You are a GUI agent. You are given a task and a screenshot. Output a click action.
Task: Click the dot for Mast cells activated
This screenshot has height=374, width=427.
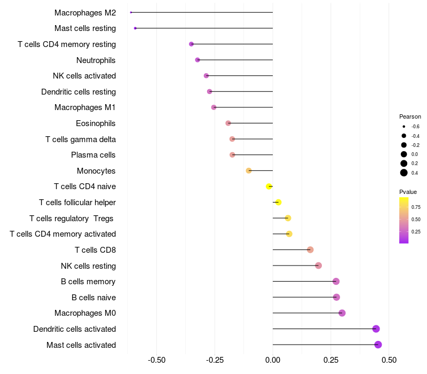point(378,345)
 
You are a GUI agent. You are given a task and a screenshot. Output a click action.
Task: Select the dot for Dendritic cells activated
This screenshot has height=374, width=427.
point(376,329)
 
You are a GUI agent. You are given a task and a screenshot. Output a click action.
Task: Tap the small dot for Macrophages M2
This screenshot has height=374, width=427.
point(131,12)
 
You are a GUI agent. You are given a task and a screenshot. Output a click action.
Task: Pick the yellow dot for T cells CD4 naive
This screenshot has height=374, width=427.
point(269,186)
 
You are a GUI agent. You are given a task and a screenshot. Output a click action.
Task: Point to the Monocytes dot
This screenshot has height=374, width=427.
point(249,171)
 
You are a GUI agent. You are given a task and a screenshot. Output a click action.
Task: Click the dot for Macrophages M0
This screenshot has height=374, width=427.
point(342,313)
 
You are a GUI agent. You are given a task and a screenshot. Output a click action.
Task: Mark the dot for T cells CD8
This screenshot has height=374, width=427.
point(310,250)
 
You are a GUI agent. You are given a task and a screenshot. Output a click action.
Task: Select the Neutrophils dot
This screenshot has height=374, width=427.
point(197,60)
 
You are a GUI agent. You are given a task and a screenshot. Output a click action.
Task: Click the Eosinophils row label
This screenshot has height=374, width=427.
point(96,123)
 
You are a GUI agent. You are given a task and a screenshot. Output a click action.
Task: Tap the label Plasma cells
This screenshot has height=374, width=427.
point(93,155)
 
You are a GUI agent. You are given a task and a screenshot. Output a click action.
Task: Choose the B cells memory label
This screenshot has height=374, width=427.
point(89,282)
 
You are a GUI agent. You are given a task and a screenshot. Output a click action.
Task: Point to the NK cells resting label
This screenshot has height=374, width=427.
point(89,266)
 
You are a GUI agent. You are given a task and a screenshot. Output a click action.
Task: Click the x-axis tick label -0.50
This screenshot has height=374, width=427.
point(156,360)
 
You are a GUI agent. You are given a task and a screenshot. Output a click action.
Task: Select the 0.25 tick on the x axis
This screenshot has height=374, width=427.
point(331,360)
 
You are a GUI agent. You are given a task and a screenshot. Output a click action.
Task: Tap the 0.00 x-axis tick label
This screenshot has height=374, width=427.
point(273,360)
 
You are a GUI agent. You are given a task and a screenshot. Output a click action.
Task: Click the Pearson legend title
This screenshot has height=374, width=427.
point(410,116)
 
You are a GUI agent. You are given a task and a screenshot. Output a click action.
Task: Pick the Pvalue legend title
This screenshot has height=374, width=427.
point(408,192)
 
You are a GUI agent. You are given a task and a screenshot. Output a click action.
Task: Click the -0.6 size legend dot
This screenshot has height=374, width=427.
point(404,127)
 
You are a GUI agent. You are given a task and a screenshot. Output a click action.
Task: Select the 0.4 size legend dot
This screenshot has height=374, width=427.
point(404,173)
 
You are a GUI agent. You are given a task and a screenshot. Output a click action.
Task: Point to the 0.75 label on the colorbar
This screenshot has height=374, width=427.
point(416,207)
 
